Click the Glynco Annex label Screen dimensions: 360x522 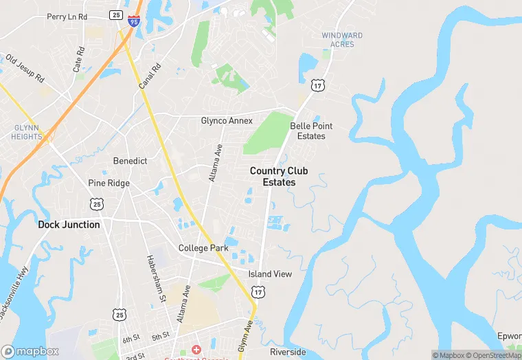[x=227, y=121]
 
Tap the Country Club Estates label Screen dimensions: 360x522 [x=279, y=177]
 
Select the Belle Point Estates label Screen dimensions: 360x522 [x=311, y=131]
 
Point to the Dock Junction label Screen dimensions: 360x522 [x=69, y=225]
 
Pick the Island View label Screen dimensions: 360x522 [x=270, y=274]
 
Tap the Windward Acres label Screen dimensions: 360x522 [x=342, y=40]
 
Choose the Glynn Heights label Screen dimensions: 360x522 [x=25, y=132]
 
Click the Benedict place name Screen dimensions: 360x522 [x=130, y=161]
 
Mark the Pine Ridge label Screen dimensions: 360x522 [x=109, y=183]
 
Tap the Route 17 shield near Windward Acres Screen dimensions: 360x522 [x=317, y=85]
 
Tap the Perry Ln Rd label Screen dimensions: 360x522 [x=67, y=16]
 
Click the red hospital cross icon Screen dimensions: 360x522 [x=196, y=351]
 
